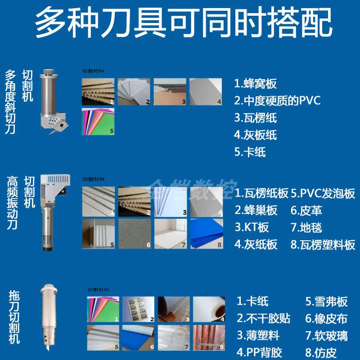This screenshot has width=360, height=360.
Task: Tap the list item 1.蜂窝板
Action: point(255,84)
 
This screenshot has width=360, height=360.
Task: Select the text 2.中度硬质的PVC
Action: point(277,101)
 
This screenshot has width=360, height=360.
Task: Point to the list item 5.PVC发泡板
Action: point(323,194)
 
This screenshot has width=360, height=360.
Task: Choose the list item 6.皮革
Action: point(306,211)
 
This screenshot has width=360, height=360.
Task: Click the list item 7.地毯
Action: point(306,228)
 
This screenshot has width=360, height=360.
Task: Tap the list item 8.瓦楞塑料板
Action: point(323,245)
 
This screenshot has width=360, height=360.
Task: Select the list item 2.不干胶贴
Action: point(263,319)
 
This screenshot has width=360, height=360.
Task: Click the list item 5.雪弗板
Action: point(327,301)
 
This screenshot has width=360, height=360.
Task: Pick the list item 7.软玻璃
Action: point(327,336)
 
